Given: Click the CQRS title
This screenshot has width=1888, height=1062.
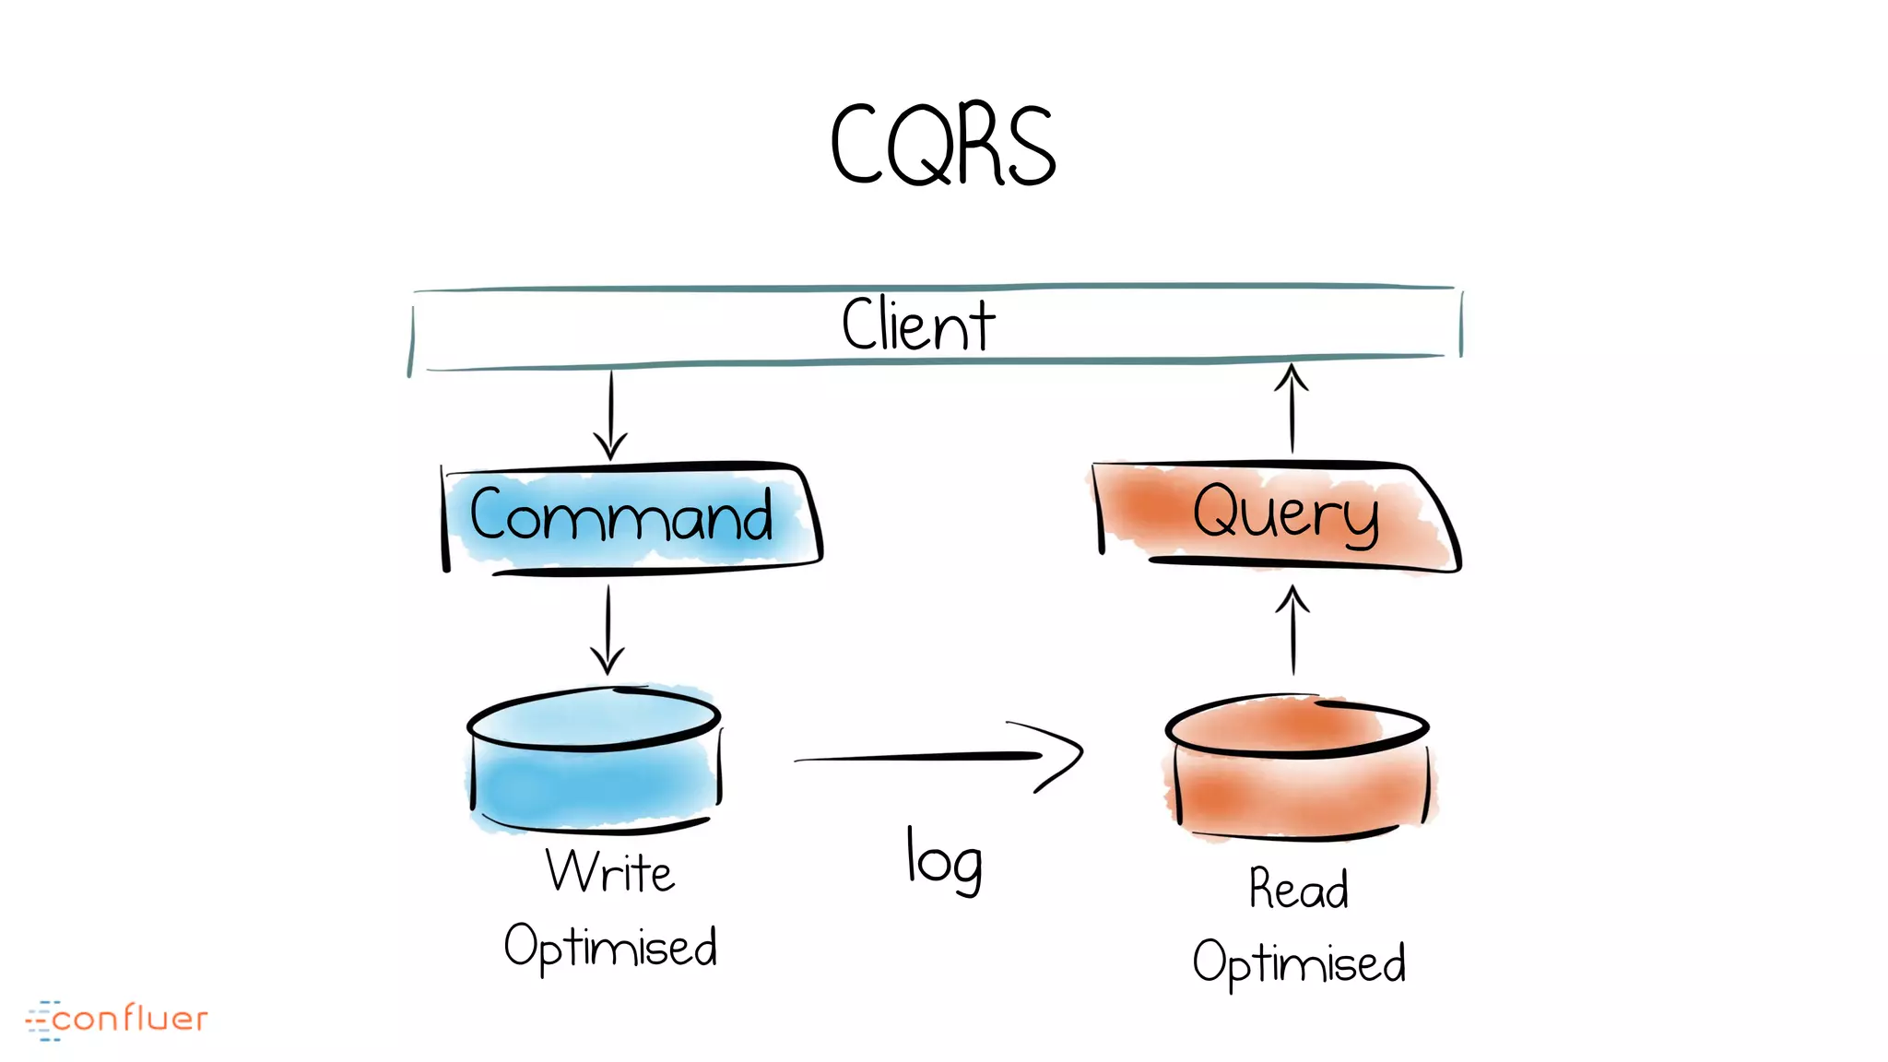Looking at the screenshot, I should tap(942, 145).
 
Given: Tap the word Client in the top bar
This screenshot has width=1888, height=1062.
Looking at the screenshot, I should tap(918, 324).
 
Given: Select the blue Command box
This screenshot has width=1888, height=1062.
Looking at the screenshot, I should tap(631, 517).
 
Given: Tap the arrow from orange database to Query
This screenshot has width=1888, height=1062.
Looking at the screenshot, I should tap(1292, 631).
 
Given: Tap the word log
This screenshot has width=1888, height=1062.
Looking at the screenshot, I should tap(944, 860).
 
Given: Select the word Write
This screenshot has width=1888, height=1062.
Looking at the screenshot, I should tap(610, 871).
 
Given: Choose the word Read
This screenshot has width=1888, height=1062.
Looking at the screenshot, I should tap(1298, 889).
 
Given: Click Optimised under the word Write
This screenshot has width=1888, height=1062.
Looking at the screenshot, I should tap(610, 946).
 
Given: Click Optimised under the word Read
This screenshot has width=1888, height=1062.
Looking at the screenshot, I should tap(1298, 962).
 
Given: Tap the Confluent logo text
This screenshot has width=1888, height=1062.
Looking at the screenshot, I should tap(130, 1019).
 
